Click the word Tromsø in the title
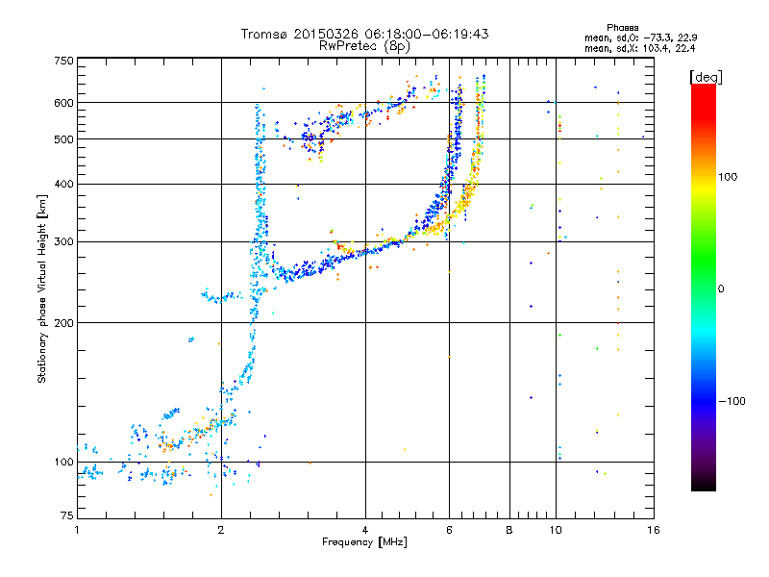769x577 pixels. point(263,34)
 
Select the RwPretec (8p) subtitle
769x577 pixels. point(364,45)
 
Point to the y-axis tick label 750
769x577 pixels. point(63,61)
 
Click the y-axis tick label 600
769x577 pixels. point(63,103)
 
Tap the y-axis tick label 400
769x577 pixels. point(63,185)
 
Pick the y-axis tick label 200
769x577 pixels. point(63,323)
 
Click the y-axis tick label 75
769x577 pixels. point(66,516)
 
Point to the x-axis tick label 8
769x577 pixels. point(509,530)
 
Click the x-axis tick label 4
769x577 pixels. point(365,530)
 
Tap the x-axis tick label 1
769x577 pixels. point(77,530)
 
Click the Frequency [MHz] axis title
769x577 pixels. point(364,542)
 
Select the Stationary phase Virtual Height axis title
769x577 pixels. point(42,288)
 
